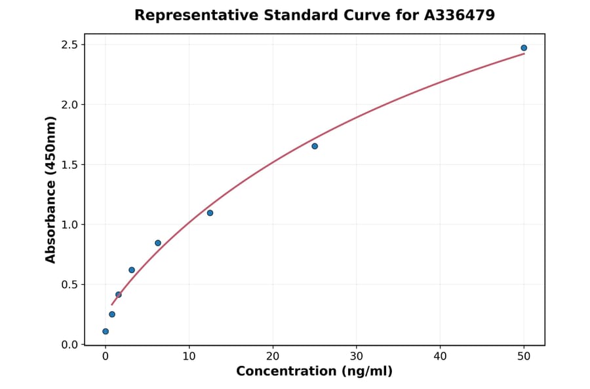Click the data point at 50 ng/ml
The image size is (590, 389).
(x=524, y=48)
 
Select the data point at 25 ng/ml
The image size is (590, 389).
(x=315, y=146)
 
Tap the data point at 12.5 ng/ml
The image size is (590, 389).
(x=210, y=213)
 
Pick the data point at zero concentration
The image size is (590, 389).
(x=106, y=331)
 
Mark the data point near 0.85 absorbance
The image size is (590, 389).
(x=158, y=243)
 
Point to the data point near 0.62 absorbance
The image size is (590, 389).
(x=132, y=270)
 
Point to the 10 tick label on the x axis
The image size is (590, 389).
(x=189, y=356)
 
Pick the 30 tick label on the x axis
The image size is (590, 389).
(x=357, y=356)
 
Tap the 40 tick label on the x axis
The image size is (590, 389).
(x=440, y=356)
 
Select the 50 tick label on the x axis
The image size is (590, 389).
(x=524, y=356)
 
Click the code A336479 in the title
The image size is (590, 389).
(x=459, y=15)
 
